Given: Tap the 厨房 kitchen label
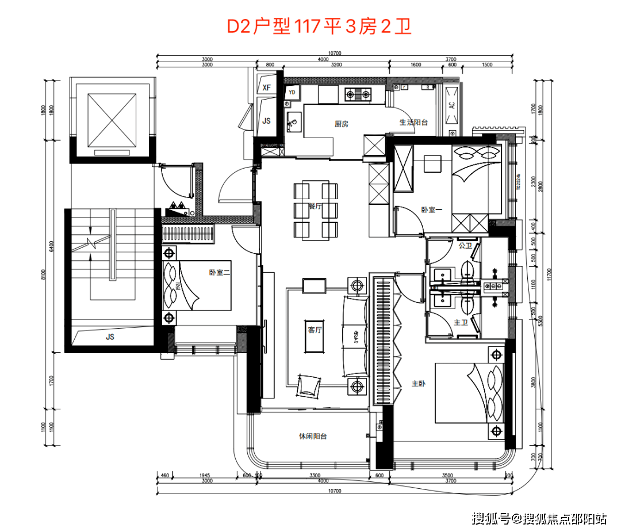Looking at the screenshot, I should click(342, 124).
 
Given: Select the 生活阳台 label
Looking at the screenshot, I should click(414, 123).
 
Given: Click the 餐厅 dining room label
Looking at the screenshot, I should click(315, 206).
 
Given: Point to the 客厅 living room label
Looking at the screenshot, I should click(314, 330).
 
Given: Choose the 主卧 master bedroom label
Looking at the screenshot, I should click(419, 383).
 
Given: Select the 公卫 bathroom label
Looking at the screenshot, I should click(465, 245).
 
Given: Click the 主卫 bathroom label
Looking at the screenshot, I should click(461, 323).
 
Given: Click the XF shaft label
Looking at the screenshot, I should click(266, 88).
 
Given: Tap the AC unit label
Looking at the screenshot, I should click(451, 105).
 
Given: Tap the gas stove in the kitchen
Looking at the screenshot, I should click(358, 94).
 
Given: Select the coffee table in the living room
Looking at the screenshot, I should click(314, 330).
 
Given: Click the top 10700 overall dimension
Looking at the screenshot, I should click(335, 53).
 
